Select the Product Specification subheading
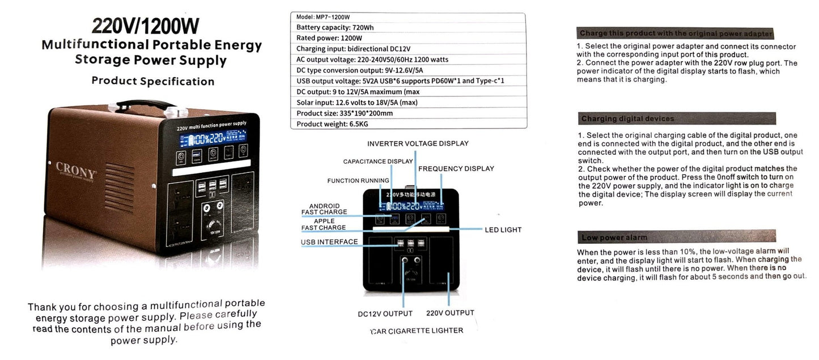click(152, 81)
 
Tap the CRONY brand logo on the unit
click(75, 167)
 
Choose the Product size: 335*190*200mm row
click(344, 113)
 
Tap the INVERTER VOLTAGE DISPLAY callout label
click(418, 143)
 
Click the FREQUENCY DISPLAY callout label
click(456, 169)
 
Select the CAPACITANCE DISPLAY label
click(378, 162)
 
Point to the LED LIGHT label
click(503, 230)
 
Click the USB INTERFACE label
click(329, 242)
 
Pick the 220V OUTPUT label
click(449, 313)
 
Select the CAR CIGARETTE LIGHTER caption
click(417, 331)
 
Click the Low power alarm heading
click(614, 237)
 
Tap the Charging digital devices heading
click(627, 118)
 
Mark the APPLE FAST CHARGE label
click(324, 225)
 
